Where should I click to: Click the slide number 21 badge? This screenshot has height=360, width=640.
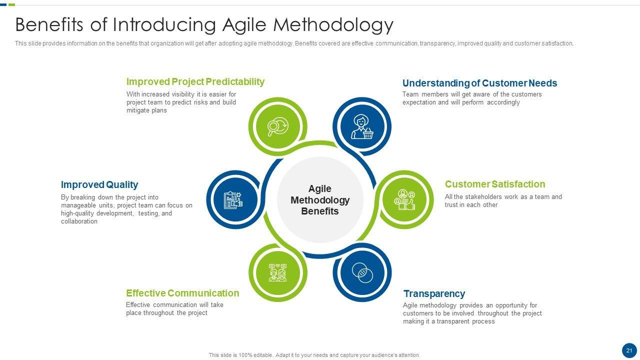pyautogui.click(x=629, y=350)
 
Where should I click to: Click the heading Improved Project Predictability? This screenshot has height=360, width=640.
pyautogui.click(x=195, y=81)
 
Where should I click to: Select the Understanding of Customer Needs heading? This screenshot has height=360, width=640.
pyautogui.click(x=479, y=83)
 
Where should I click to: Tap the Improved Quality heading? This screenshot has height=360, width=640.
pyautogui.click(x=99, y=184)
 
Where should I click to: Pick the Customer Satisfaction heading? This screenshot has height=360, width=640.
pyautogui.click(x=495, y=184)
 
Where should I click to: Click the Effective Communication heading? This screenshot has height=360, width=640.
pyautogui.click(x=182, y=293)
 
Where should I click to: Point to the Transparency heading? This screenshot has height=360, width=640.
pyautogui.click(x=434, y=293)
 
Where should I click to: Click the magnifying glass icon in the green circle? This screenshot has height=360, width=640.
pyautogui.click(x=277, y=126)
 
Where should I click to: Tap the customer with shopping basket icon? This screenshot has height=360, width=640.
pyautogui.click(x=362, y=126)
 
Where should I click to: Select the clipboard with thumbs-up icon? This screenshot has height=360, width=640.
pyautogui.click(x=233, y=199)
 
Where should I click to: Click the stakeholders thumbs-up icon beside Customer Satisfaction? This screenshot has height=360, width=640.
pyautogui.click(x=404, y=199)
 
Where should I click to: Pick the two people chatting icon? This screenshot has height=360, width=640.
pyautogui.click(x=277, y=272)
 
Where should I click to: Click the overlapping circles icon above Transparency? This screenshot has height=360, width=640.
pyautogui.click(x=362, y=272)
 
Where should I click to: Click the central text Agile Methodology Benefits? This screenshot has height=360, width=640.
pyautogui.click(x=320, y=199)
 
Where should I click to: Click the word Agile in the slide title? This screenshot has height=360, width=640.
pyautogui.click(x=245, y=25)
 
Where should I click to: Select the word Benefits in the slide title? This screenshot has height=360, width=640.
pyautogui.click(x=49, y=24)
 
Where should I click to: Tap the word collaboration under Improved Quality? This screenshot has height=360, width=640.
pyautogui.click(x=79, y=221)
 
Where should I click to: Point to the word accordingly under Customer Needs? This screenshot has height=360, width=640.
pyautogui.click(x=503, y=102)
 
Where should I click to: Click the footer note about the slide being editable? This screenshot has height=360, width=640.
pyautogui.click(x=314, y=355)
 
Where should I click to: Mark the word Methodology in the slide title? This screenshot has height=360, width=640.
pyautogui.click(x=333, y=25)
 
